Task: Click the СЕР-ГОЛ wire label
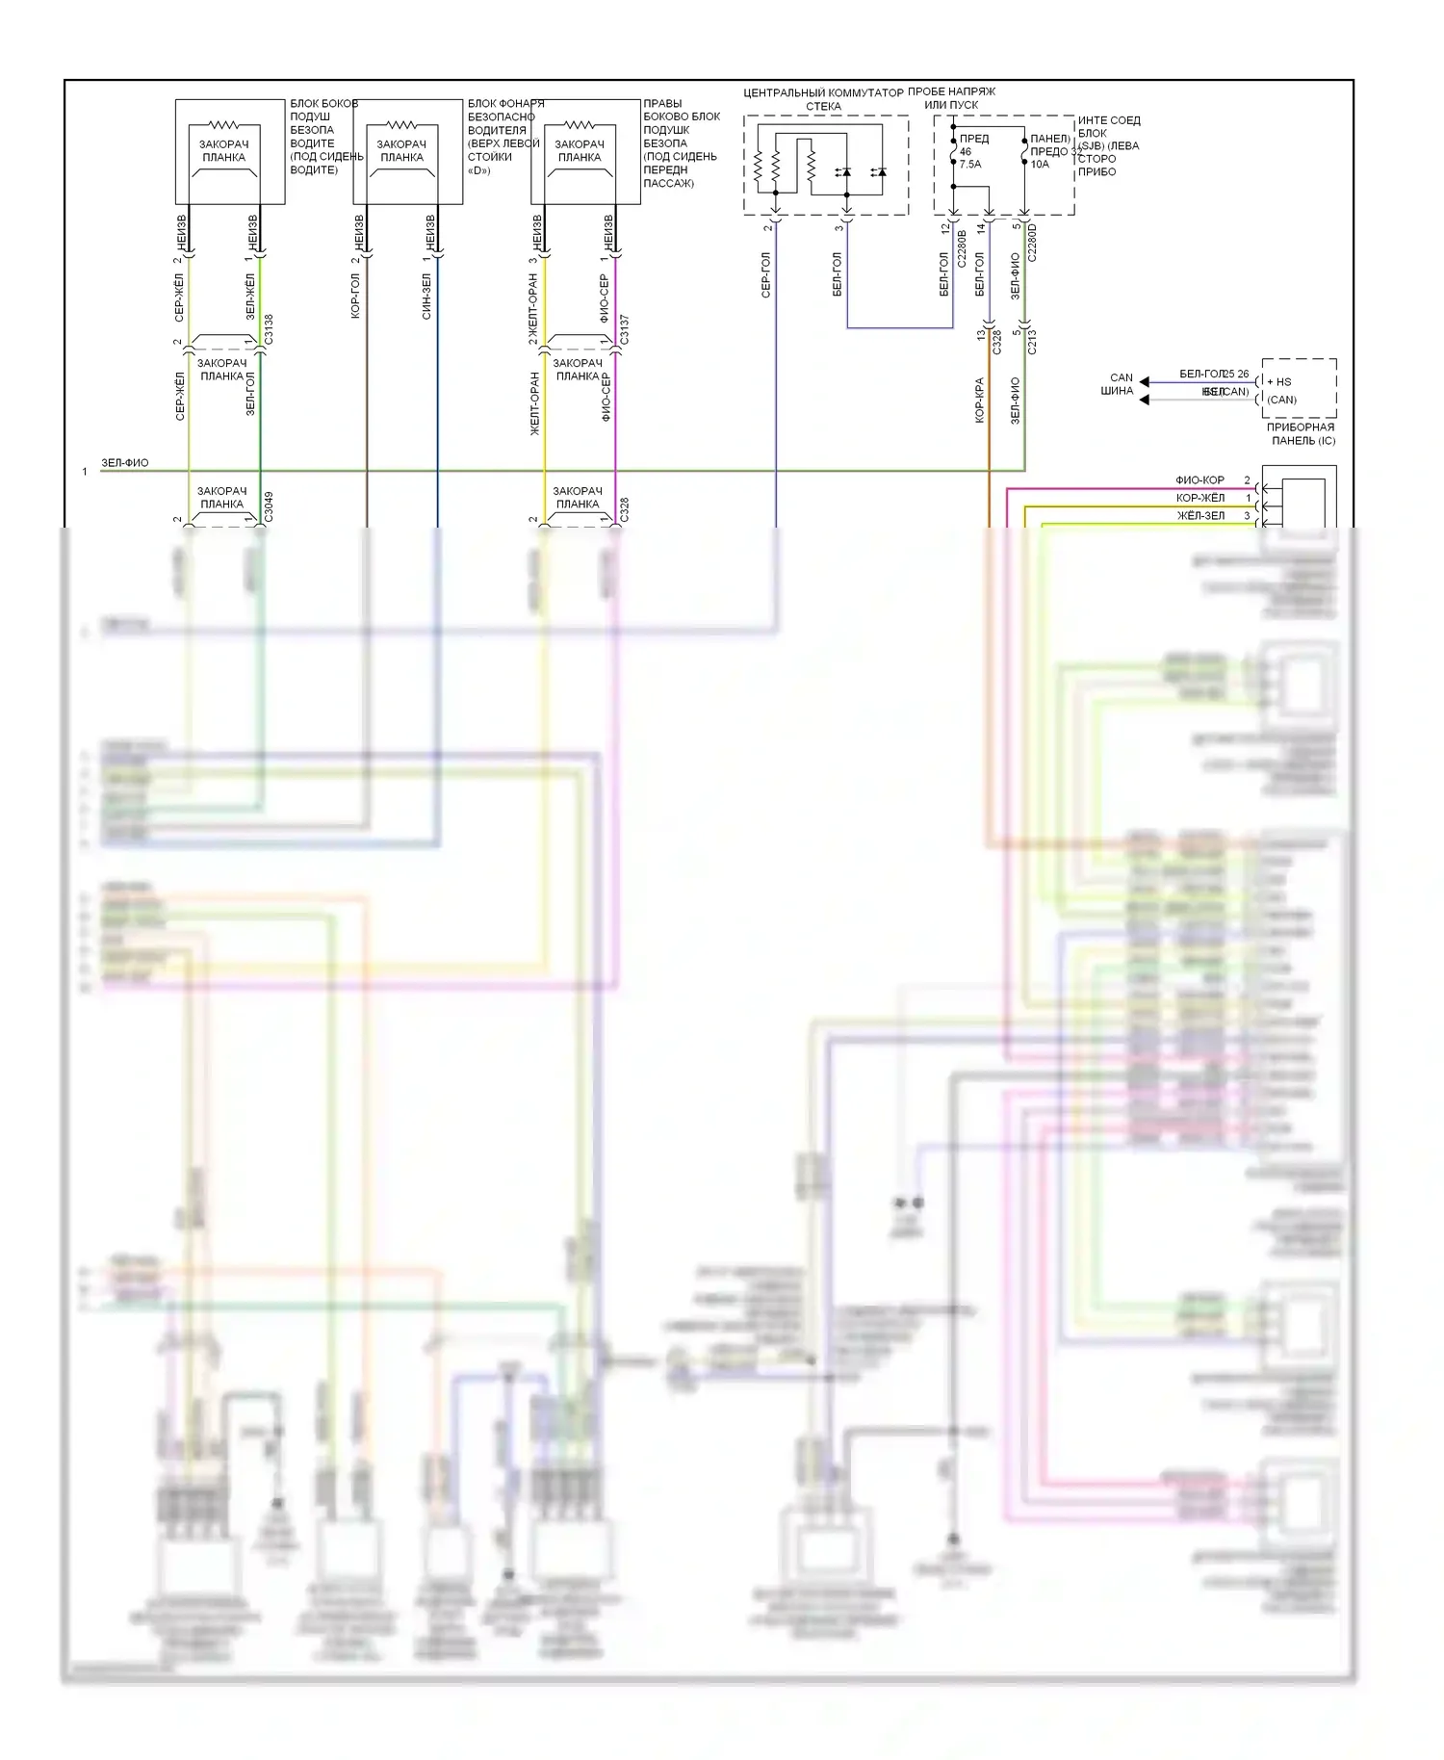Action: [x=766, y=275]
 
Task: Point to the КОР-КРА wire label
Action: [x=979, y=400]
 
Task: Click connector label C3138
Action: [x=269, y=329]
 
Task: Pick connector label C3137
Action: [x=624, y=329]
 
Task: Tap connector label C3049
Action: [x=269, y=507]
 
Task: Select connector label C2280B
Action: [x=962, y=247]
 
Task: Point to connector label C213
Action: [x=1032, y=341]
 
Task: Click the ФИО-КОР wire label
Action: [x=1199, y=480]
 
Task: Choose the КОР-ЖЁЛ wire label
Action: [x=1200, y=498]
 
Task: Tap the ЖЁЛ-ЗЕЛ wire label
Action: [x=1200, y=516]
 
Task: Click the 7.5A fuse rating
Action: [x=970, y=165]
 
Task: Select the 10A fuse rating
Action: [x=1040, y=165]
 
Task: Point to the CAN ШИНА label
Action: [x=1120, y=384]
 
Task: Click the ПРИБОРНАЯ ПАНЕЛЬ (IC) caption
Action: [x=1301, y=434]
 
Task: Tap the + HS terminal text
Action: [x=1279, y=382]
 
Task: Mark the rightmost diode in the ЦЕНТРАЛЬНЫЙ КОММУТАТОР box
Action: [x=878, y=172]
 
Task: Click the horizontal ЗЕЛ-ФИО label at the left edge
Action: [x=125, y=463]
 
